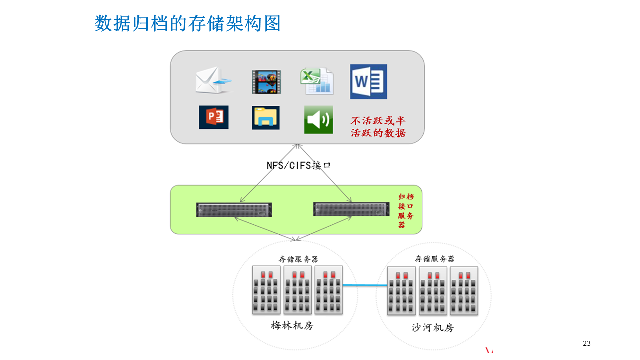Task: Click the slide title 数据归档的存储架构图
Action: click(187, 24)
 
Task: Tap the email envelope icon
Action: click(214, 81)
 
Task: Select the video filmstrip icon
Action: click(266, 82)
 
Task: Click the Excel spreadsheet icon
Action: click(317, 81)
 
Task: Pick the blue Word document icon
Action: click(369, 82)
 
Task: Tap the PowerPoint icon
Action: click(214, 117)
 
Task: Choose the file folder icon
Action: click(266, 118)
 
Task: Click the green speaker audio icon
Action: click(318, 120)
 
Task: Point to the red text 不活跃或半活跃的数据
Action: click(378, 127)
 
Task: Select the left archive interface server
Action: click(234, 210)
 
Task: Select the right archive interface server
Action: click(351, 210)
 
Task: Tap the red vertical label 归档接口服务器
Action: click(405, 211)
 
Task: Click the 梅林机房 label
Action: click(292, 325)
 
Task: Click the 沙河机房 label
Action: click(433, 328)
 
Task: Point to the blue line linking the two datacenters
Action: click(365, 285)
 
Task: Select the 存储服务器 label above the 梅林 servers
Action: click(298, 259)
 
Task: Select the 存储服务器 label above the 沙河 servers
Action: click(435, 259)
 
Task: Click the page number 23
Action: click(587, 343)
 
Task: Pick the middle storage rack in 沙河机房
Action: click(433, 291)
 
